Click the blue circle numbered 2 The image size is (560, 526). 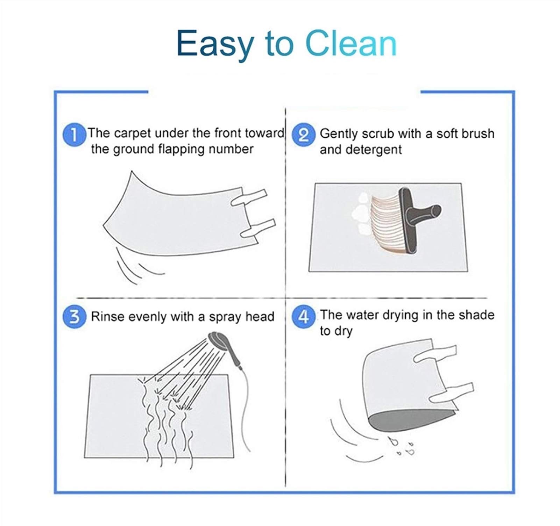point(303,136)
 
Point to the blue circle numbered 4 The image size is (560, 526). point(303,318)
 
